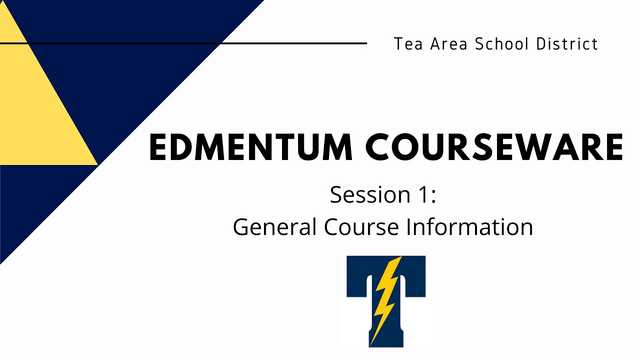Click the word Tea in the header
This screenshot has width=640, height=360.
[405, 44]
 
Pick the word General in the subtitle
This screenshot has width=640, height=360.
[274, 227]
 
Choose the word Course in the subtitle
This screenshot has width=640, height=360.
[361, 227]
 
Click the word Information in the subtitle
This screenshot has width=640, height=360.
[469, 227]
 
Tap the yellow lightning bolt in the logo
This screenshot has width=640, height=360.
[386, 300]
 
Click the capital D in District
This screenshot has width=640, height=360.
[541, 44]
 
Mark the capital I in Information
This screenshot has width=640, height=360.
[408, 227]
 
